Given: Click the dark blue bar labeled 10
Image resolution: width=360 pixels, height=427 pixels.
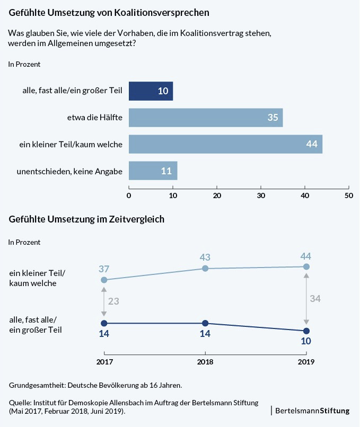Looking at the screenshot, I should [x=151, y=91].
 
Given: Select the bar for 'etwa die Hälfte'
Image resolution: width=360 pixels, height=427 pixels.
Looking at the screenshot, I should [x=206, y=118].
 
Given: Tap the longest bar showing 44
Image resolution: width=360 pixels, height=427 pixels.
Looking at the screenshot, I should [x=225, y=144].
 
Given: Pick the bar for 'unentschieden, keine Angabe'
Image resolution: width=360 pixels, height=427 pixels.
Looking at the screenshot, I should [x=153, y=171].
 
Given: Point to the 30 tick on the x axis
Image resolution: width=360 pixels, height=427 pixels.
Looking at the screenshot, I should [x=261, y=195].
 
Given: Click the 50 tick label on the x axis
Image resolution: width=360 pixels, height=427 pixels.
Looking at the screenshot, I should [x=348, y=195].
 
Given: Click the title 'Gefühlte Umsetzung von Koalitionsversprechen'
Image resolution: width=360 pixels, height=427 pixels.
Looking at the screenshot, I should [x=109, y=11].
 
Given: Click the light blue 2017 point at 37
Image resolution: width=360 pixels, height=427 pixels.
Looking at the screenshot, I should [x=104, y=280].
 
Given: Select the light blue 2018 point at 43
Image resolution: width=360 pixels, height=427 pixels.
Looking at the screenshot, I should [x=205, y=269].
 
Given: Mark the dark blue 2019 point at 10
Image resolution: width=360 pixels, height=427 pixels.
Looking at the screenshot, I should [x=306, y=331].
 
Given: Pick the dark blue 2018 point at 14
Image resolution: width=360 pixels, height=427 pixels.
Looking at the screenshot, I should [x=205, y=323].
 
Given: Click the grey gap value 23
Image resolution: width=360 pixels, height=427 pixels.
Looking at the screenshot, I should [x=113, y=301].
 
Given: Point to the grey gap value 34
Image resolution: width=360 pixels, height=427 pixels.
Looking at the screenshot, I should [x=315, y=298].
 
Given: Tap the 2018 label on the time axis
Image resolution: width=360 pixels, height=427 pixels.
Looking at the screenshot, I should [x=205, y=363].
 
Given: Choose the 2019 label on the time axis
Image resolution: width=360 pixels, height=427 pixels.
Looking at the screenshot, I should [x=306, y=363].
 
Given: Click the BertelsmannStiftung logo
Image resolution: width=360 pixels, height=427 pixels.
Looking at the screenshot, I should [x=312, y=411].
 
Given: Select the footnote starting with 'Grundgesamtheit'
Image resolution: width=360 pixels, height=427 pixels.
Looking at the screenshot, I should [x=95, y=384].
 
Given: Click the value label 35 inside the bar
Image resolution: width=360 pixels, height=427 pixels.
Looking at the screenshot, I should [x=273, y=118].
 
